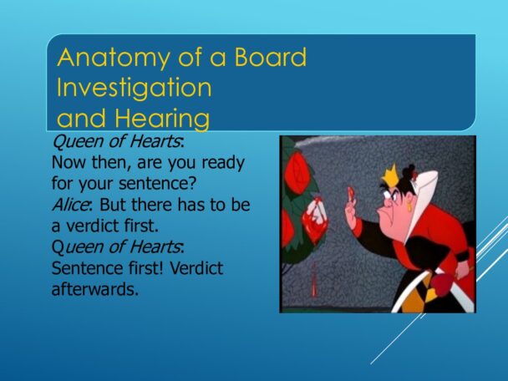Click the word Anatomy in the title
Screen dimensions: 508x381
114,58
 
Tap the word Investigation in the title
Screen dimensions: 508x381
135,88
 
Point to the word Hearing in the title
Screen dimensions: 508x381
162,119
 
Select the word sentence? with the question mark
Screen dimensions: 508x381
157,183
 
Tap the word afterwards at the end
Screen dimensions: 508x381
95,289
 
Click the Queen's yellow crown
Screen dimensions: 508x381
390,175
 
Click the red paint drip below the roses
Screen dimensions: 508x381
314,280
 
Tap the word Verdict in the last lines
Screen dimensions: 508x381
196,268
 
